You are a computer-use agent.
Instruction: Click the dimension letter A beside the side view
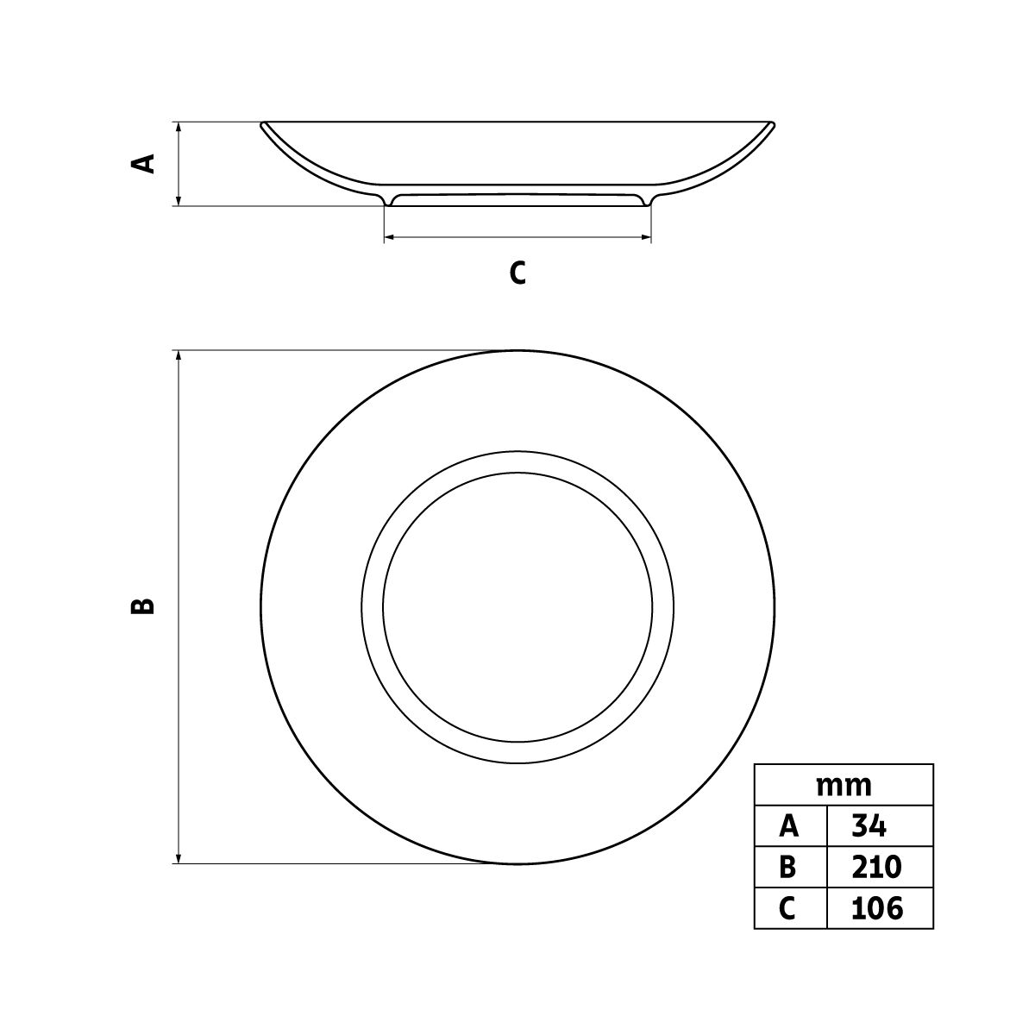(143, 164)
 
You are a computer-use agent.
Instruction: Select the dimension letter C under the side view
(517, 273)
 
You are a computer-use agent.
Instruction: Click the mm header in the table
(844, 786)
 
